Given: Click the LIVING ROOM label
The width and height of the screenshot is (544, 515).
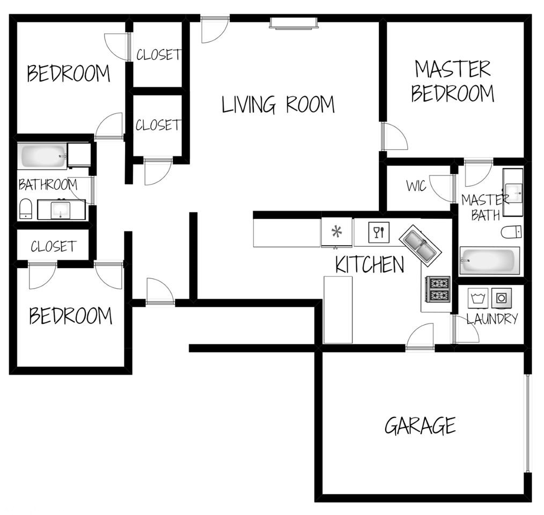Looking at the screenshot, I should pyautogui.click(x=278, y=104).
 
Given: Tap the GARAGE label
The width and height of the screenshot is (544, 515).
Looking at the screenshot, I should pyautogui.click(x=420, y=426).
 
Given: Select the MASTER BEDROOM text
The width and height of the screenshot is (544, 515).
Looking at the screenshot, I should pyautogui.click(x=452, y=81).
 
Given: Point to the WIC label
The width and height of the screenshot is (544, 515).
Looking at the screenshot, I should pyautogui.click(x=416, y=186).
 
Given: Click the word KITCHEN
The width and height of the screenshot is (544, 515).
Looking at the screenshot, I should pyautogui.click(x=370, y=264).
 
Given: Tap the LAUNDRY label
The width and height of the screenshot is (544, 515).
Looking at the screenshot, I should pyautogui.click(x=492, y=319).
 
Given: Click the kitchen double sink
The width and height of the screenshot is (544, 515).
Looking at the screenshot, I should pyautogui.click(x=420, y=245).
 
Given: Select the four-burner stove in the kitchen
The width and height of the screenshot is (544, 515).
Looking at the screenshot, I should pyautogui.click(x=438, y=289).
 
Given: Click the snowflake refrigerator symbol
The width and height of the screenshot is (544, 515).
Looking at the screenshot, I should pyautogui.click(x=337, y=232).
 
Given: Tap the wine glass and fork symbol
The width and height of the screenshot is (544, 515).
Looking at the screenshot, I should pyautogui.click(x=378, y=232).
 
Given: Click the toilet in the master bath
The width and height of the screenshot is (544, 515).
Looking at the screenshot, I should pyautogui.click(x=512, y=232).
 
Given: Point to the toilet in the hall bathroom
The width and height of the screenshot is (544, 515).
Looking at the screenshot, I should pyautogui.click(x=25, y=209).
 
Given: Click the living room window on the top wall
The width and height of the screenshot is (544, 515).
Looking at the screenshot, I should pyautogui.click(x=293, y=23).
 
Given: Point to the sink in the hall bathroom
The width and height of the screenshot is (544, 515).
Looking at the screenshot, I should pyautogui.click(x=60, y=209).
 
